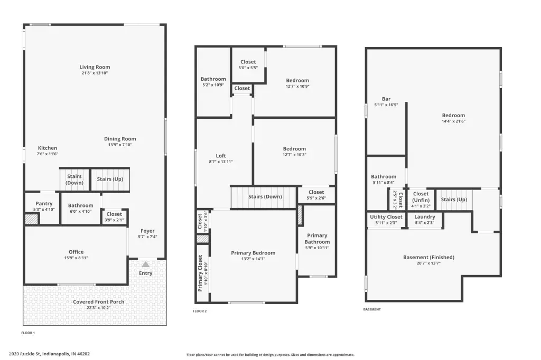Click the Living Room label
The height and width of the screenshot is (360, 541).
coord(95,67)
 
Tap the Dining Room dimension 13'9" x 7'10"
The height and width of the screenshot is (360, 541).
coord(120,145)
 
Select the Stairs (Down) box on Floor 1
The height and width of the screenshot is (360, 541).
coord(74,179)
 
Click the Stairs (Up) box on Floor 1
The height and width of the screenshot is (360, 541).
coord(110,179)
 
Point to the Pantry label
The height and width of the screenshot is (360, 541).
coord(44,204)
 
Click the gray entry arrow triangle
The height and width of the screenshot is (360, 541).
coord(146,264)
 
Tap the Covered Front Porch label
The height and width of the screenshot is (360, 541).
coord(99,302)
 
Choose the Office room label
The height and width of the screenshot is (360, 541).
coord(76,252)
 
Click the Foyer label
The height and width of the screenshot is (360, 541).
coord(148,231)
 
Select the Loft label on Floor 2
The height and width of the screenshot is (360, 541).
coord(221,156)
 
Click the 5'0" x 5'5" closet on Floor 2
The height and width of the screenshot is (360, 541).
coord(248,65)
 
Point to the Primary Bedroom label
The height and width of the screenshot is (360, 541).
coord(253,253)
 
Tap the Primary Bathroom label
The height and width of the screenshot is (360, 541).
coord(317,239)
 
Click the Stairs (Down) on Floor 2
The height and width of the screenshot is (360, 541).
coord(264,197)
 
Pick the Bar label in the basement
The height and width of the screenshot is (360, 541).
coord(386,99)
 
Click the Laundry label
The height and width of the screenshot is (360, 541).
coord(425,217)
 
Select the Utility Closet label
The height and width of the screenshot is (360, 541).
coord(386,217)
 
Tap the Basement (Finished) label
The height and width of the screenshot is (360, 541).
coord(428,257)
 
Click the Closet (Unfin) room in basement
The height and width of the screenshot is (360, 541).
coord(421,200)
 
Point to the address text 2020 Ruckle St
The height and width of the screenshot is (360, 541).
coord(25,354)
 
